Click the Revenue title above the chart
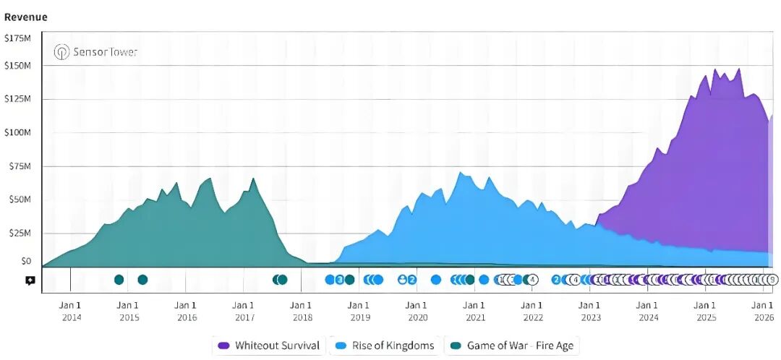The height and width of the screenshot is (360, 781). (x=26, y=17)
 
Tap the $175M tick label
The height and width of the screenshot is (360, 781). (x=17, y=38)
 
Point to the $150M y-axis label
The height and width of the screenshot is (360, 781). (x=17, y=65)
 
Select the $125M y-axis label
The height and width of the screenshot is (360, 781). (x=17, y=98)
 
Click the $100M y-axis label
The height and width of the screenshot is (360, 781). (x=17, y=132)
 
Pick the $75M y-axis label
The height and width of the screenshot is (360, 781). (x=20, y=166)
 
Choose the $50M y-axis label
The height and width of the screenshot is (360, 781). (x=20, y=199)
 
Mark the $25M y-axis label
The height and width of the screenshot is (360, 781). (x=20, y=233)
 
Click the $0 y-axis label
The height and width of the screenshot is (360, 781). (x=25, y=260)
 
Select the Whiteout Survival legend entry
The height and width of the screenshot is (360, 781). (x=268, y=346)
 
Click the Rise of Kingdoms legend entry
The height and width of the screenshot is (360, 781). (x=385, y=346)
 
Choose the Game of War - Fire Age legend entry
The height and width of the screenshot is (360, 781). (x=512, y=346)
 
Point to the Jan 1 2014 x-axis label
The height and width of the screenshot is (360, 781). (x=71, y=311)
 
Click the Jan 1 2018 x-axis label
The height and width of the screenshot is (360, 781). (x=302, y=311)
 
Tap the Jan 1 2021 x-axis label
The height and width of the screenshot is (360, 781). (x=474, y=311)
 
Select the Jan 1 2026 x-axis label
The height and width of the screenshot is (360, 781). (x=763, y=311)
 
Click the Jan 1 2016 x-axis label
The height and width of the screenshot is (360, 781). (x=186, y=311)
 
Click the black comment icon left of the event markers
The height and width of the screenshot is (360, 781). (x=30, y=280)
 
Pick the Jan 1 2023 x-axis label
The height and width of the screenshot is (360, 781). (x=590, y=311)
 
